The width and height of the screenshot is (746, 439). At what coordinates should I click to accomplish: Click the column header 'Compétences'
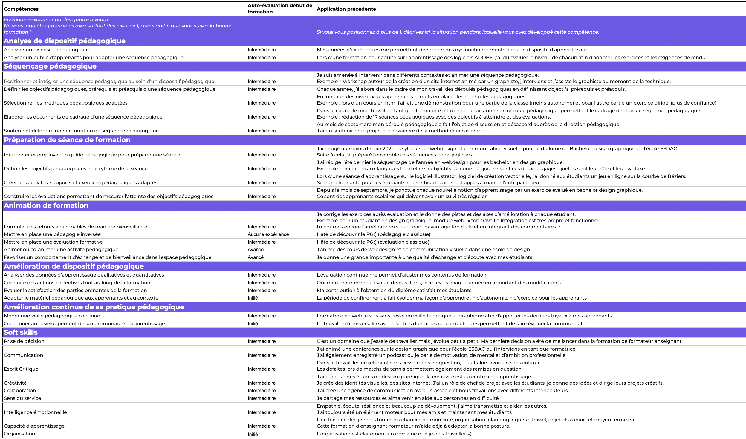[21, 9]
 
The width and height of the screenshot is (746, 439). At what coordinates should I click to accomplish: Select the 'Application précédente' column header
[346, 9]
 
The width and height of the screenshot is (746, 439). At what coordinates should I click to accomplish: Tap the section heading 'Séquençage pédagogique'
[50, 66]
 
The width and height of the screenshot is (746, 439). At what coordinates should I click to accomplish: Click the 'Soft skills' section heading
[21, 332]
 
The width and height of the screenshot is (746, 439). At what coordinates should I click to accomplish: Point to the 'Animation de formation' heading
[46, 205]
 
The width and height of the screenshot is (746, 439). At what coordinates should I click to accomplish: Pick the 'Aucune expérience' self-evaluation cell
[268, 234]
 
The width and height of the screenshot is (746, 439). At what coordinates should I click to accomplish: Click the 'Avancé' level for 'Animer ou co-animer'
[256, 250]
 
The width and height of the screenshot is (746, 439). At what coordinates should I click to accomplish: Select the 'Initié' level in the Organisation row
[253, 434]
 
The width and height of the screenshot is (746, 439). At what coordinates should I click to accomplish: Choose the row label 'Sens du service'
[22, 398]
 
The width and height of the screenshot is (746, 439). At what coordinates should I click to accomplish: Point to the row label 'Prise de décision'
[24, 341]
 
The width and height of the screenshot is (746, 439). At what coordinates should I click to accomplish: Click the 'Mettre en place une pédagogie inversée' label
[52, 234]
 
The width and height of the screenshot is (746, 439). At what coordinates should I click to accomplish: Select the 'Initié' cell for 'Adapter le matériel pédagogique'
[253, 298]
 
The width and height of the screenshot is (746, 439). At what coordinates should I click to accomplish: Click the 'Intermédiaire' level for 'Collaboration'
[262, 391]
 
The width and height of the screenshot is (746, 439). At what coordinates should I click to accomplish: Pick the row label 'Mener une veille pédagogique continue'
[52, 316]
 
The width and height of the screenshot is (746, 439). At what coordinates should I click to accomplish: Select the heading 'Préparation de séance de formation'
[67, 140]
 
